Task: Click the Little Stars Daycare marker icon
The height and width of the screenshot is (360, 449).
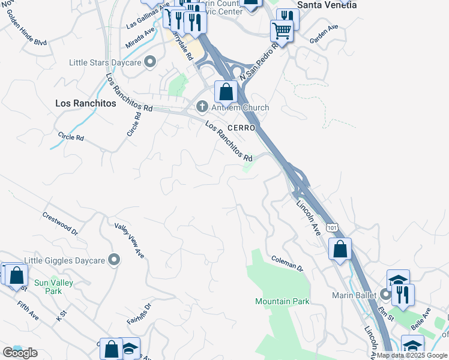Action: coord(150,62)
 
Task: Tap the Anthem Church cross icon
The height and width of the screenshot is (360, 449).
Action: coord(202,107)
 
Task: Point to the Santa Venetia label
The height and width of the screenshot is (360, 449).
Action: coord(327,5)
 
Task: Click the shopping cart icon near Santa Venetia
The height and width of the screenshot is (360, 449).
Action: coord(282,30)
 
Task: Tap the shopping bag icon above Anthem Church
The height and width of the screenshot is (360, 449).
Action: coord(226,92)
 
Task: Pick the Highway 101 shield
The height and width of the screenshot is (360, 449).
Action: coord(333,227)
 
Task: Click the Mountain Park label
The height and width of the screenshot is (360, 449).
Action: coord(282,301)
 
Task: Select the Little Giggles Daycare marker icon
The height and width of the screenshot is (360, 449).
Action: coord(115,260)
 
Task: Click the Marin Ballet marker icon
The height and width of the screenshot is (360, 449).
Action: coord(386,295)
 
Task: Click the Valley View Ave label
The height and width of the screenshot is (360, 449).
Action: coord(130,241)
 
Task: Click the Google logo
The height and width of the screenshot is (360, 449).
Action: coord(20,352)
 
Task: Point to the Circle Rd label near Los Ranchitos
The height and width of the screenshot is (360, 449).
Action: coord(71,137)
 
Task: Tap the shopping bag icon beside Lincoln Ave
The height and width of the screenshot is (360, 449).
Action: coord(340,250)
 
